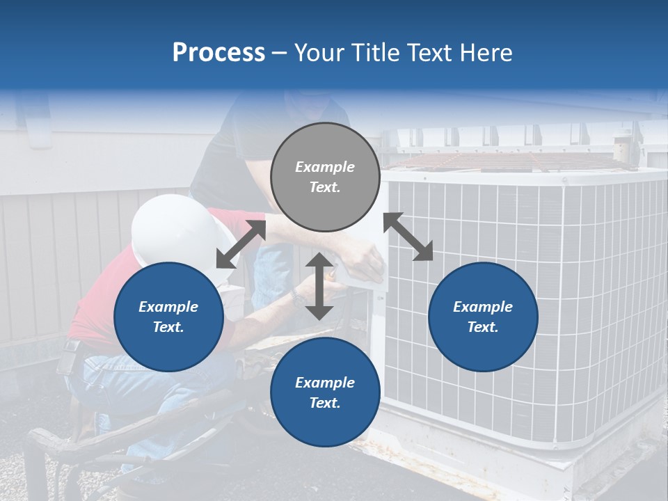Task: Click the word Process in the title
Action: pos(218,53)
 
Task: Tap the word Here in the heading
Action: pos(484,53)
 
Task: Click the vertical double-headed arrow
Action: pos(319,287)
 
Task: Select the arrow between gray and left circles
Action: pos(241,244)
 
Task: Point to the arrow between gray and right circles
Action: pos(408,237)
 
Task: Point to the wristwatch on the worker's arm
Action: pos(299,298)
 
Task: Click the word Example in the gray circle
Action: pos(325,167)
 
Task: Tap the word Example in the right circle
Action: pos(483,307)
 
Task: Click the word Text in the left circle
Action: pos(168,327)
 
